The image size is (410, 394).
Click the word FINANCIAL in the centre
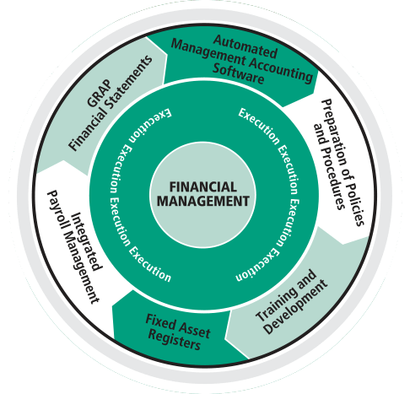[x=203, y=187]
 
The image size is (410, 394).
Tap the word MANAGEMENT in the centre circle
[x=203, y=201]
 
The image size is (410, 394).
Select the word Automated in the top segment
[x=245, y=46]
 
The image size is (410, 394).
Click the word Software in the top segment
[x=238, y=73]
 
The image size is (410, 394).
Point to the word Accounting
[x=280, y=69]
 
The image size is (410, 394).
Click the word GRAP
[x=99, y=93]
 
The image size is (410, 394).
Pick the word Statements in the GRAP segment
[x=128, y=82]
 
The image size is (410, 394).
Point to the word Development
[x=296, y=307]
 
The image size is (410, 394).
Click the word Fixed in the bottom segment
[x=160, y=322]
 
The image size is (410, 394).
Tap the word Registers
[x=174, y=338]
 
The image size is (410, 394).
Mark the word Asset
[x=194, y=328]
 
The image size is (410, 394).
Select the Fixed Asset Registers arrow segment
[x=175, y=332]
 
